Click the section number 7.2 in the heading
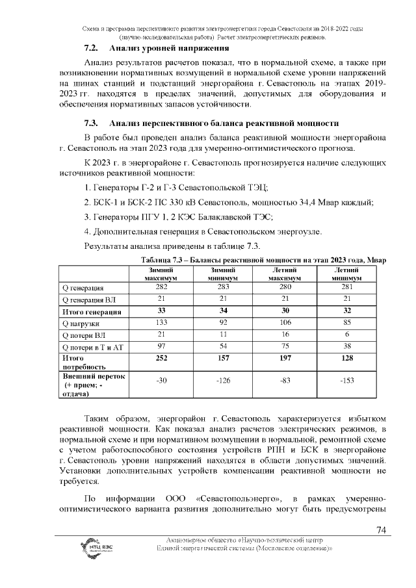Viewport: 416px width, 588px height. (91, 49)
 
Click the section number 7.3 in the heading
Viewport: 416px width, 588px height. (91, 123)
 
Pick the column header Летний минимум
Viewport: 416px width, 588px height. (346, 274)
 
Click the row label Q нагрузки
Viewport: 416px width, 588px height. (81, 323)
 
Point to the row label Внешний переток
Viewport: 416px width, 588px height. (92, 376)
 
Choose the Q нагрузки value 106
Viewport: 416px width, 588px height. (284, 323)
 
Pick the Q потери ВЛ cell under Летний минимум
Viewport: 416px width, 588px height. (346, 335)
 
